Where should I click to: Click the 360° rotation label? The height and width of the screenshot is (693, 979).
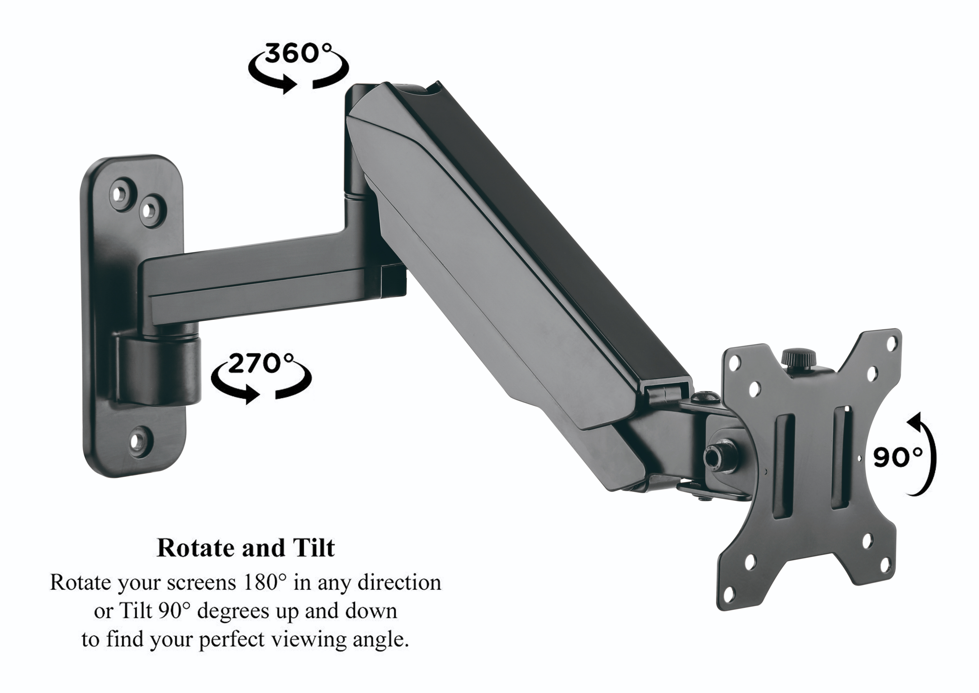tap(297, 54)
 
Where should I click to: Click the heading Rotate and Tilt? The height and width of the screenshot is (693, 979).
tap(246, 548)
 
